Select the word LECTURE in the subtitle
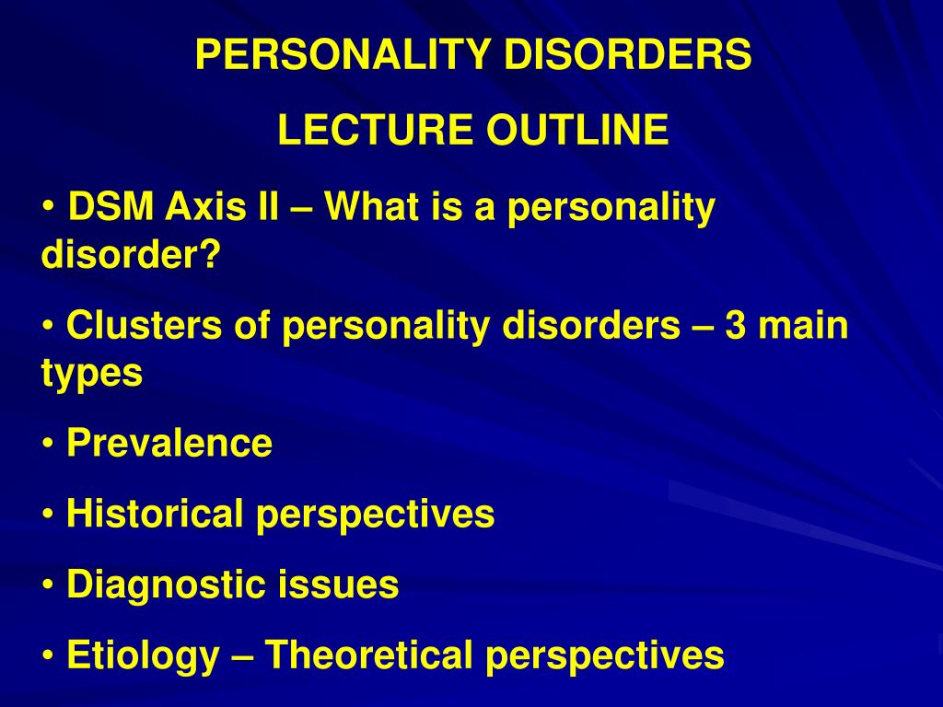tap(377, 131)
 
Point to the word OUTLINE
tap(577, 131)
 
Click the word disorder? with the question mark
tap(132, 254)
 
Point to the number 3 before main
tap(735, 327)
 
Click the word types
tap(91, 375)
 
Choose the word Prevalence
tap(169, 444)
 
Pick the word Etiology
tap(144, 655)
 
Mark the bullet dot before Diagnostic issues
tap(48, 586)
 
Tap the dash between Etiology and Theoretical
tap(242, 656)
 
